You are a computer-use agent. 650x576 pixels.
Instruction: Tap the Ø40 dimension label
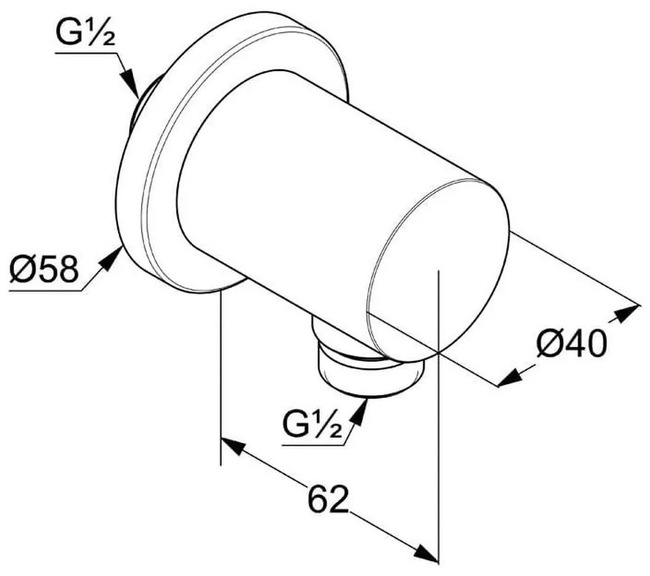pyautogui.click(x=571, y=343)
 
